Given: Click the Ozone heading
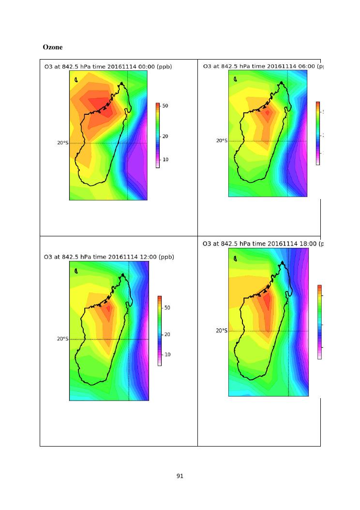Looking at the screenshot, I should [x=52, y=47].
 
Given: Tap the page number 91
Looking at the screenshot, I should [x=180, y=476].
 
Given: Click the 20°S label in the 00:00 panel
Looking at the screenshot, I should [x=62, y=143].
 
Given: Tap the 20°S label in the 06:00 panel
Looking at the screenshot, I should [x=222, y=141].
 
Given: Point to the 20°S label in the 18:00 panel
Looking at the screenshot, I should [x=222, y=331].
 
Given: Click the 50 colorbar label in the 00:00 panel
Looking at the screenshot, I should [x=165, y=106].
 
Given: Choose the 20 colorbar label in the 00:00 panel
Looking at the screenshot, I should [x=165, y=137].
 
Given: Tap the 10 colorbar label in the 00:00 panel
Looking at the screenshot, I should [x=165, y=159].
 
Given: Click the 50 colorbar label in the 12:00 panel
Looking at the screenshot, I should [x=167, y=308].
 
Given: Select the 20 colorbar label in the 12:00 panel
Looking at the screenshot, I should [x=167, y=335].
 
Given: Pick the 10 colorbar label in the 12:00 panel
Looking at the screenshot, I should [x=167, y=355].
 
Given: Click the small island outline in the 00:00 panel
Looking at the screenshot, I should [x=75, y=79].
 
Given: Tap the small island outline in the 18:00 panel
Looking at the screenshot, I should [x=235, y=259].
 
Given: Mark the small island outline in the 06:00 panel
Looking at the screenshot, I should [x=235, y=78].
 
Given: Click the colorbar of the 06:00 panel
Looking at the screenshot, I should [x=317, y=133].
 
